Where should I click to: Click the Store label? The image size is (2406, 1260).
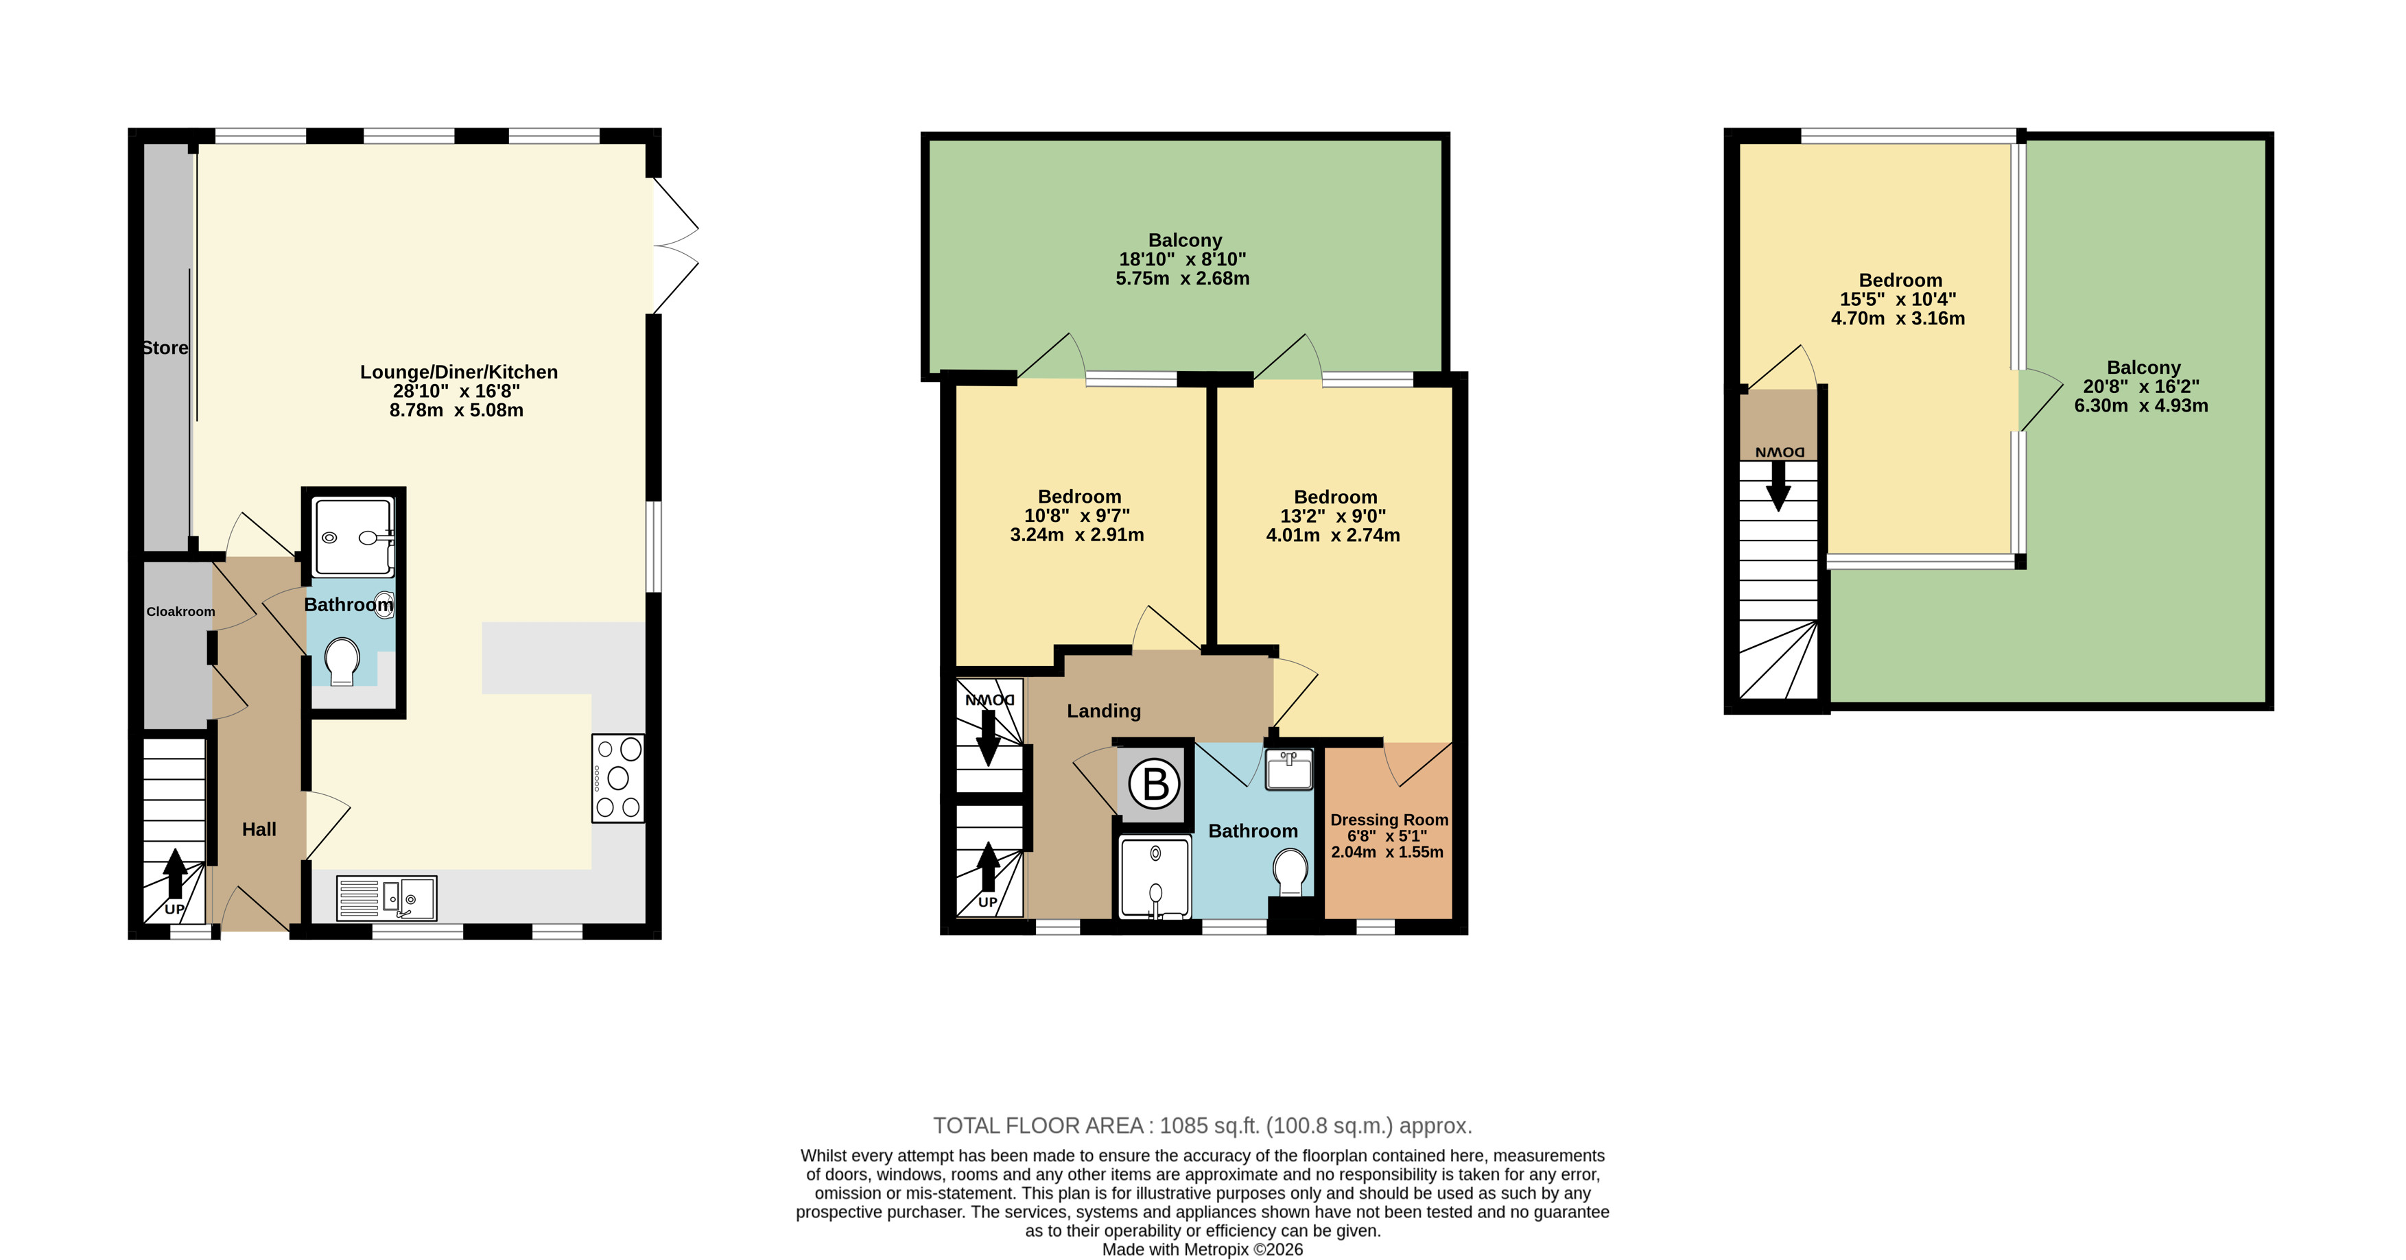pos(165,348)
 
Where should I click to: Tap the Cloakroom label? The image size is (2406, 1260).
pos(180,612)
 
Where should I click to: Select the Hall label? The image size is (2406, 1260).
pos(259,829)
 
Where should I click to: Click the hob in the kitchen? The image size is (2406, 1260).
pos(618,778)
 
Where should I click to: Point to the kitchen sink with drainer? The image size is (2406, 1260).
pos(386,898)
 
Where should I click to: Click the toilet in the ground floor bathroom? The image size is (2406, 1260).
pos(342,661)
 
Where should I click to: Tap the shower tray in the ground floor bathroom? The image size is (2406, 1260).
pos(354,537)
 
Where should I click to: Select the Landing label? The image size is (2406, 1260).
pos(1104,711)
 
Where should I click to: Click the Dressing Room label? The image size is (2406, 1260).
pos(1390,820)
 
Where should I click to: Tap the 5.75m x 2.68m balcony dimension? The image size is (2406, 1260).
pos(1183,278)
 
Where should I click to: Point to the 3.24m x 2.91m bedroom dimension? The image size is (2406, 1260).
pos(1077,535)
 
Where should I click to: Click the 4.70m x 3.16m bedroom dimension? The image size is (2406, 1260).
pos(1898,318)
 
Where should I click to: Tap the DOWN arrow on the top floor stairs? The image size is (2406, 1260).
pos(1778,486)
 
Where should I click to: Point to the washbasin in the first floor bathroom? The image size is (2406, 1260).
pos(1290,770)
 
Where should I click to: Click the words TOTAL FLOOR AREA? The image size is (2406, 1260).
pos(1039,1126)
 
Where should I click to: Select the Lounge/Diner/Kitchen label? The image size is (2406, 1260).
pos(458,372)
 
